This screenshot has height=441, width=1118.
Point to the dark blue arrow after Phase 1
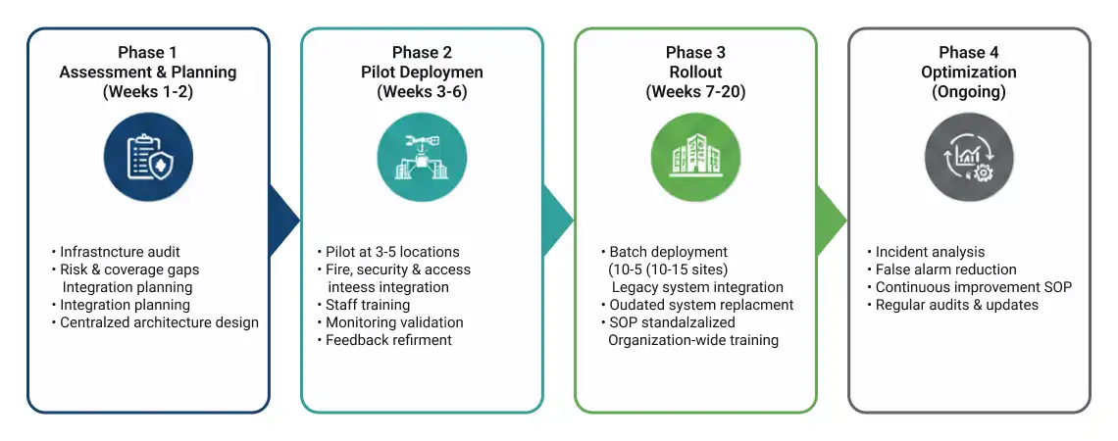coord(283,213)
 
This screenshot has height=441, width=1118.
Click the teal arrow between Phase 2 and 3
coord(556,213)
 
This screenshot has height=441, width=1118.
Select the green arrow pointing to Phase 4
coord(830,213)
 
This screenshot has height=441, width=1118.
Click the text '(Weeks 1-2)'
coord(148,92)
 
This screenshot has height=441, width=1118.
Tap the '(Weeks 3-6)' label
coord(422,92)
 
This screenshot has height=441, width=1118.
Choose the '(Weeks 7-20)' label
coord(695,92)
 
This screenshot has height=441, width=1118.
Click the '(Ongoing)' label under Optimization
coord(969,92)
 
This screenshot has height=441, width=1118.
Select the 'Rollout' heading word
coord(695,73)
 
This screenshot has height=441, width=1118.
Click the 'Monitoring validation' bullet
coord(394,322)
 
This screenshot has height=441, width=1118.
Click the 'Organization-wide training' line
coord(693,340)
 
